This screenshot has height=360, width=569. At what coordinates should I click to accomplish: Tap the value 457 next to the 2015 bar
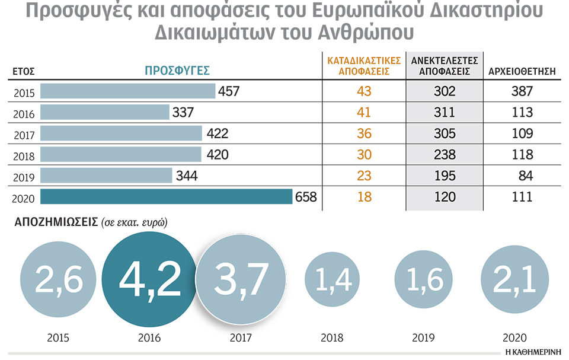(x=229, y=91)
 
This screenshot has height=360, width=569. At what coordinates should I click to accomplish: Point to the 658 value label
(x=306, y=197)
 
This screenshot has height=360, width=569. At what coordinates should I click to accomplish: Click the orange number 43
(x=364, y=91)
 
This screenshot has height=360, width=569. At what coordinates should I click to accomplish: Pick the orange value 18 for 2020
(x=364, y=197)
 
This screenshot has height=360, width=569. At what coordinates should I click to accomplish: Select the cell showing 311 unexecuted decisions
(x=445, y=112)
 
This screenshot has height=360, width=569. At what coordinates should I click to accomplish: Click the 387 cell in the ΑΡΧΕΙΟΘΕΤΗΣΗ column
(x=522, y=91)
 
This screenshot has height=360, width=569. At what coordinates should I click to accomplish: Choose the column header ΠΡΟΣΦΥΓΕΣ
(x=178, y=71)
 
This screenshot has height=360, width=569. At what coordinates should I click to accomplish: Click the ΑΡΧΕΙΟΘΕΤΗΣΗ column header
(x=522, y=72)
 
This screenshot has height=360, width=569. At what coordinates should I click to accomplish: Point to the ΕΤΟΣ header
(x=24, y=72)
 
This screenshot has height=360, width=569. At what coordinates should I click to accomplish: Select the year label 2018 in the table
(x=24, y=156)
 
